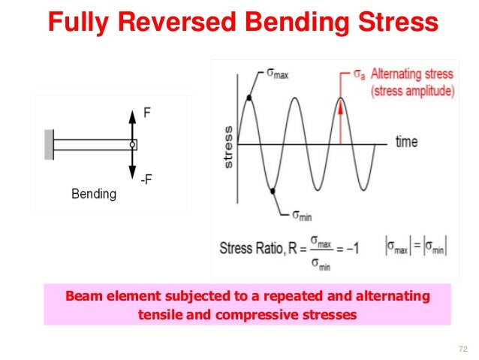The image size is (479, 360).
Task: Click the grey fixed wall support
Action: [x=49, y=145]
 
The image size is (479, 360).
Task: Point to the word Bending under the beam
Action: [x=94, y=194]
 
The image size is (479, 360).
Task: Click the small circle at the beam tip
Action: [x=132, y=144]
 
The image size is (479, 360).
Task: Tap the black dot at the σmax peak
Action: [x=249, y=98]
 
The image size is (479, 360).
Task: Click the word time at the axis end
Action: [x=406, y=142]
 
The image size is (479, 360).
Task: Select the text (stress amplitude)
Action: [x=414, y=92]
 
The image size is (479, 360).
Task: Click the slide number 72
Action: [x=462, y=348]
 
